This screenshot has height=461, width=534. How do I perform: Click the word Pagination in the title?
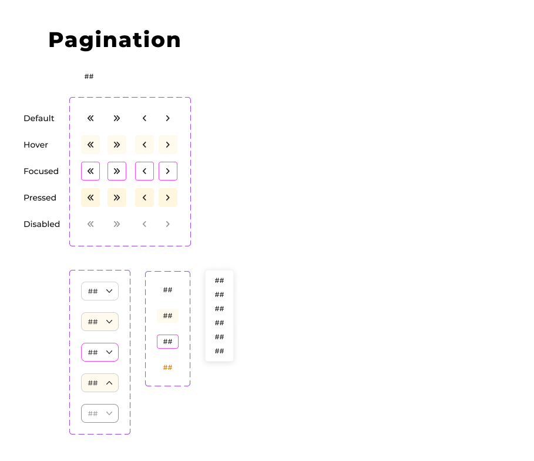pos(115,40)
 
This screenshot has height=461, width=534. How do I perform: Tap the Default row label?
pos(39,118)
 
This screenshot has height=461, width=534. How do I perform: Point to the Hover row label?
pos(36,145)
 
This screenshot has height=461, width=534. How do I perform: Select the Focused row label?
pos(41,171)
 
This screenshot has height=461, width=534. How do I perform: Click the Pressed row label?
pos(40,198)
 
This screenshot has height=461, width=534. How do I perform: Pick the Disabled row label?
pos(42,224)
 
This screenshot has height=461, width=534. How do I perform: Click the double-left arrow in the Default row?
pos(90,118)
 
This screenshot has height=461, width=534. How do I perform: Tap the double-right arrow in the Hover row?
pos(117,145)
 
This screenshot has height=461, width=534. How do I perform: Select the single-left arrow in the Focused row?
pos(145,171)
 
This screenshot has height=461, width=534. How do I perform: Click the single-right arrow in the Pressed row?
pos(168,198)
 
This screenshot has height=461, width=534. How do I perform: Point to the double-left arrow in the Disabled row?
pos(90,224)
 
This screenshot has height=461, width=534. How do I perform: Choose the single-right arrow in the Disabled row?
pos(168,224)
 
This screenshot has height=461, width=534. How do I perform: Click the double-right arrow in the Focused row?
pos(117,171)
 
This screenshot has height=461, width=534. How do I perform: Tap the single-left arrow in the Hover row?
pos(145,145)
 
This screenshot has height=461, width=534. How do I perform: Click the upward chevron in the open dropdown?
pos(109,383)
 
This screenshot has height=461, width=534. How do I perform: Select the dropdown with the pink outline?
pos(100,352)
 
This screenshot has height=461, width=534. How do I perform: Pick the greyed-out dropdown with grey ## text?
pos(100,413)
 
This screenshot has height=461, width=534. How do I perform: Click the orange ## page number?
pos(167,368)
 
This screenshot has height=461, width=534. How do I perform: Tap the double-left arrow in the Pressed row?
pos(90,198)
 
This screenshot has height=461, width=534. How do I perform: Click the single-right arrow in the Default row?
pos(168,118)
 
